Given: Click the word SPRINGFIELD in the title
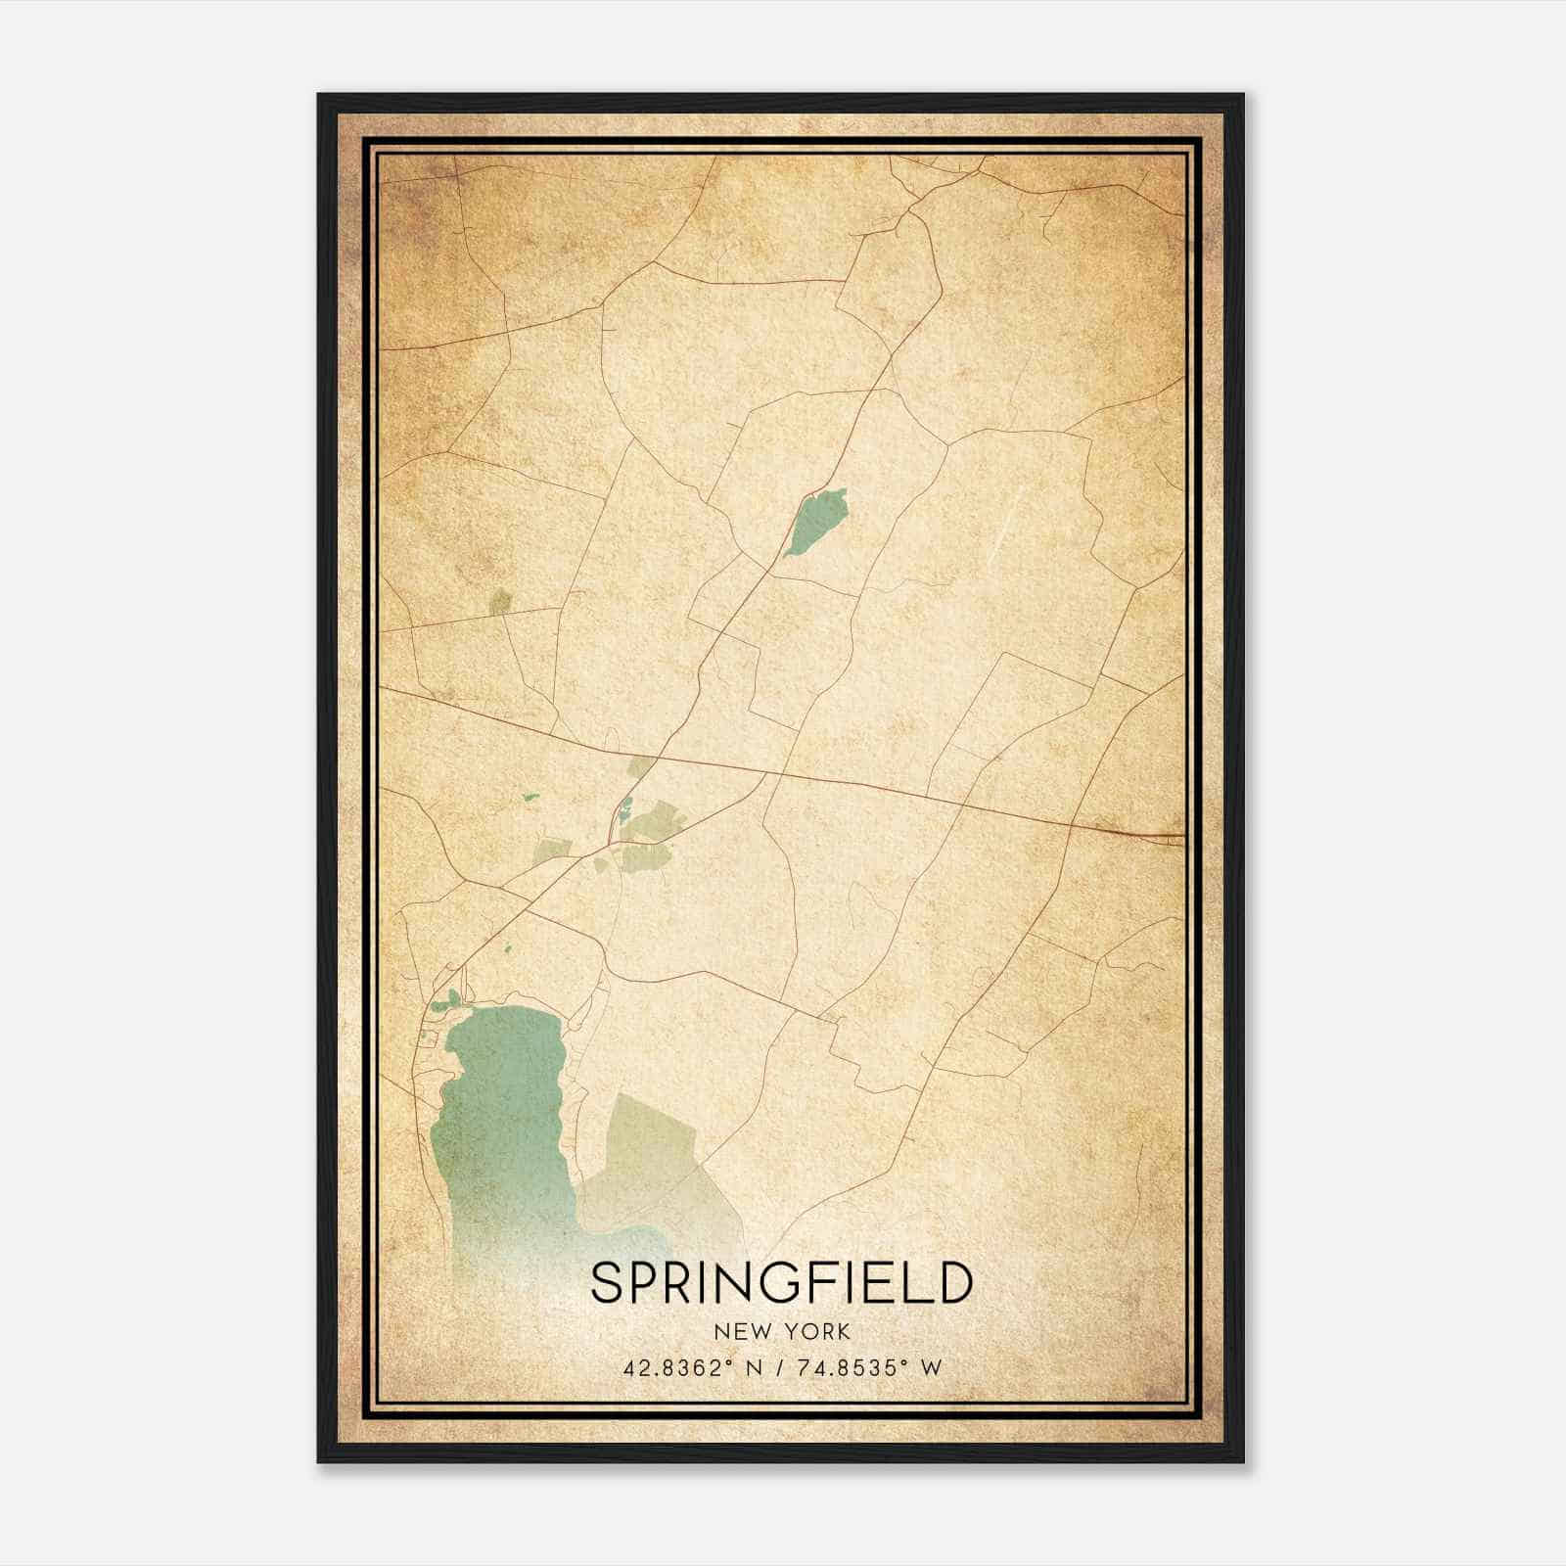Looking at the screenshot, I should pos(781,1284).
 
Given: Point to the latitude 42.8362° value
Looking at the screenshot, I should pos(678,1367).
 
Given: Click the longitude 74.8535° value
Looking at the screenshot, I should pos(848,1367).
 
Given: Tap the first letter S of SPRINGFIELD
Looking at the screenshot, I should pos(606,1284).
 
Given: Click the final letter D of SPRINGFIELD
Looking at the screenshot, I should pos(953,1284).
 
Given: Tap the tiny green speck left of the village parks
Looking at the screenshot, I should pos(530,797).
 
